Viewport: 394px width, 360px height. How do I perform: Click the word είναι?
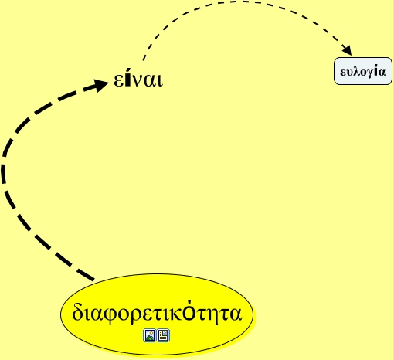point(138,80)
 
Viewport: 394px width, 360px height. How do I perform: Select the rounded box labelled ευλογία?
point(363,71)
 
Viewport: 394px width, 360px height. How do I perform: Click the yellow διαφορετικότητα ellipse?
point(157,314)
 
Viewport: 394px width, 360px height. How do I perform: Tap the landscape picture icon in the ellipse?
point(150,335)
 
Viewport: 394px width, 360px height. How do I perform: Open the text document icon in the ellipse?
point(163,335)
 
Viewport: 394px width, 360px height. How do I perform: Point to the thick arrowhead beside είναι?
point(100,84)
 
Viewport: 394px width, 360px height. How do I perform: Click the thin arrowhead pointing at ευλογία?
point(347,49)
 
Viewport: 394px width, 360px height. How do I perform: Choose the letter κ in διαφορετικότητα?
point(178,314)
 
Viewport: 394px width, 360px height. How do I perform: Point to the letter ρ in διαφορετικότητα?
point(131,316)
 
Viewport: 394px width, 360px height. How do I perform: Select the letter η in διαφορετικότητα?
point(212,316)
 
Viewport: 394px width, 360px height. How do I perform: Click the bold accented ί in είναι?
point(127,80)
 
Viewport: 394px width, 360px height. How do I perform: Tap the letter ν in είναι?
point(138,81)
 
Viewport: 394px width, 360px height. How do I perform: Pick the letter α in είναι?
point(151,81)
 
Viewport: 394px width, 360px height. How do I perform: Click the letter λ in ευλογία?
point(357,71)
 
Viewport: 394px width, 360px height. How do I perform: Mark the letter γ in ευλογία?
point(370,73)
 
